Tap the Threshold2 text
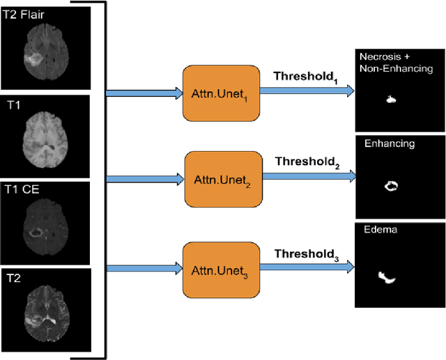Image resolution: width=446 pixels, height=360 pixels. coord(307,163)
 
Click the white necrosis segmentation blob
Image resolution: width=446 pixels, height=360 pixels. coord(391,100)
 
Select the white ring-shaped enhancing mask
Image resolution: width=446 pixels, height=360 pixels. coord(391,186)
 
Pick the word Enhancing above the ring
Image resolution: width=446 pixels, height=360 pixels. coord(389,144)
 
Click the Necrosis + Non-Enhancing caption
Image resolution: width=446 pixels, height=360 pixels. coord(395,62)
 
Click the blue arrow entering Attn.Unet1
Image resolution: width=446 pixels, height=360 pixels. coord(143,92)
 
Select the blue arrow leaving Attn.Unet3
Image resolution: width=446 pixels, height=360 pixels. coord(307,265)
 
